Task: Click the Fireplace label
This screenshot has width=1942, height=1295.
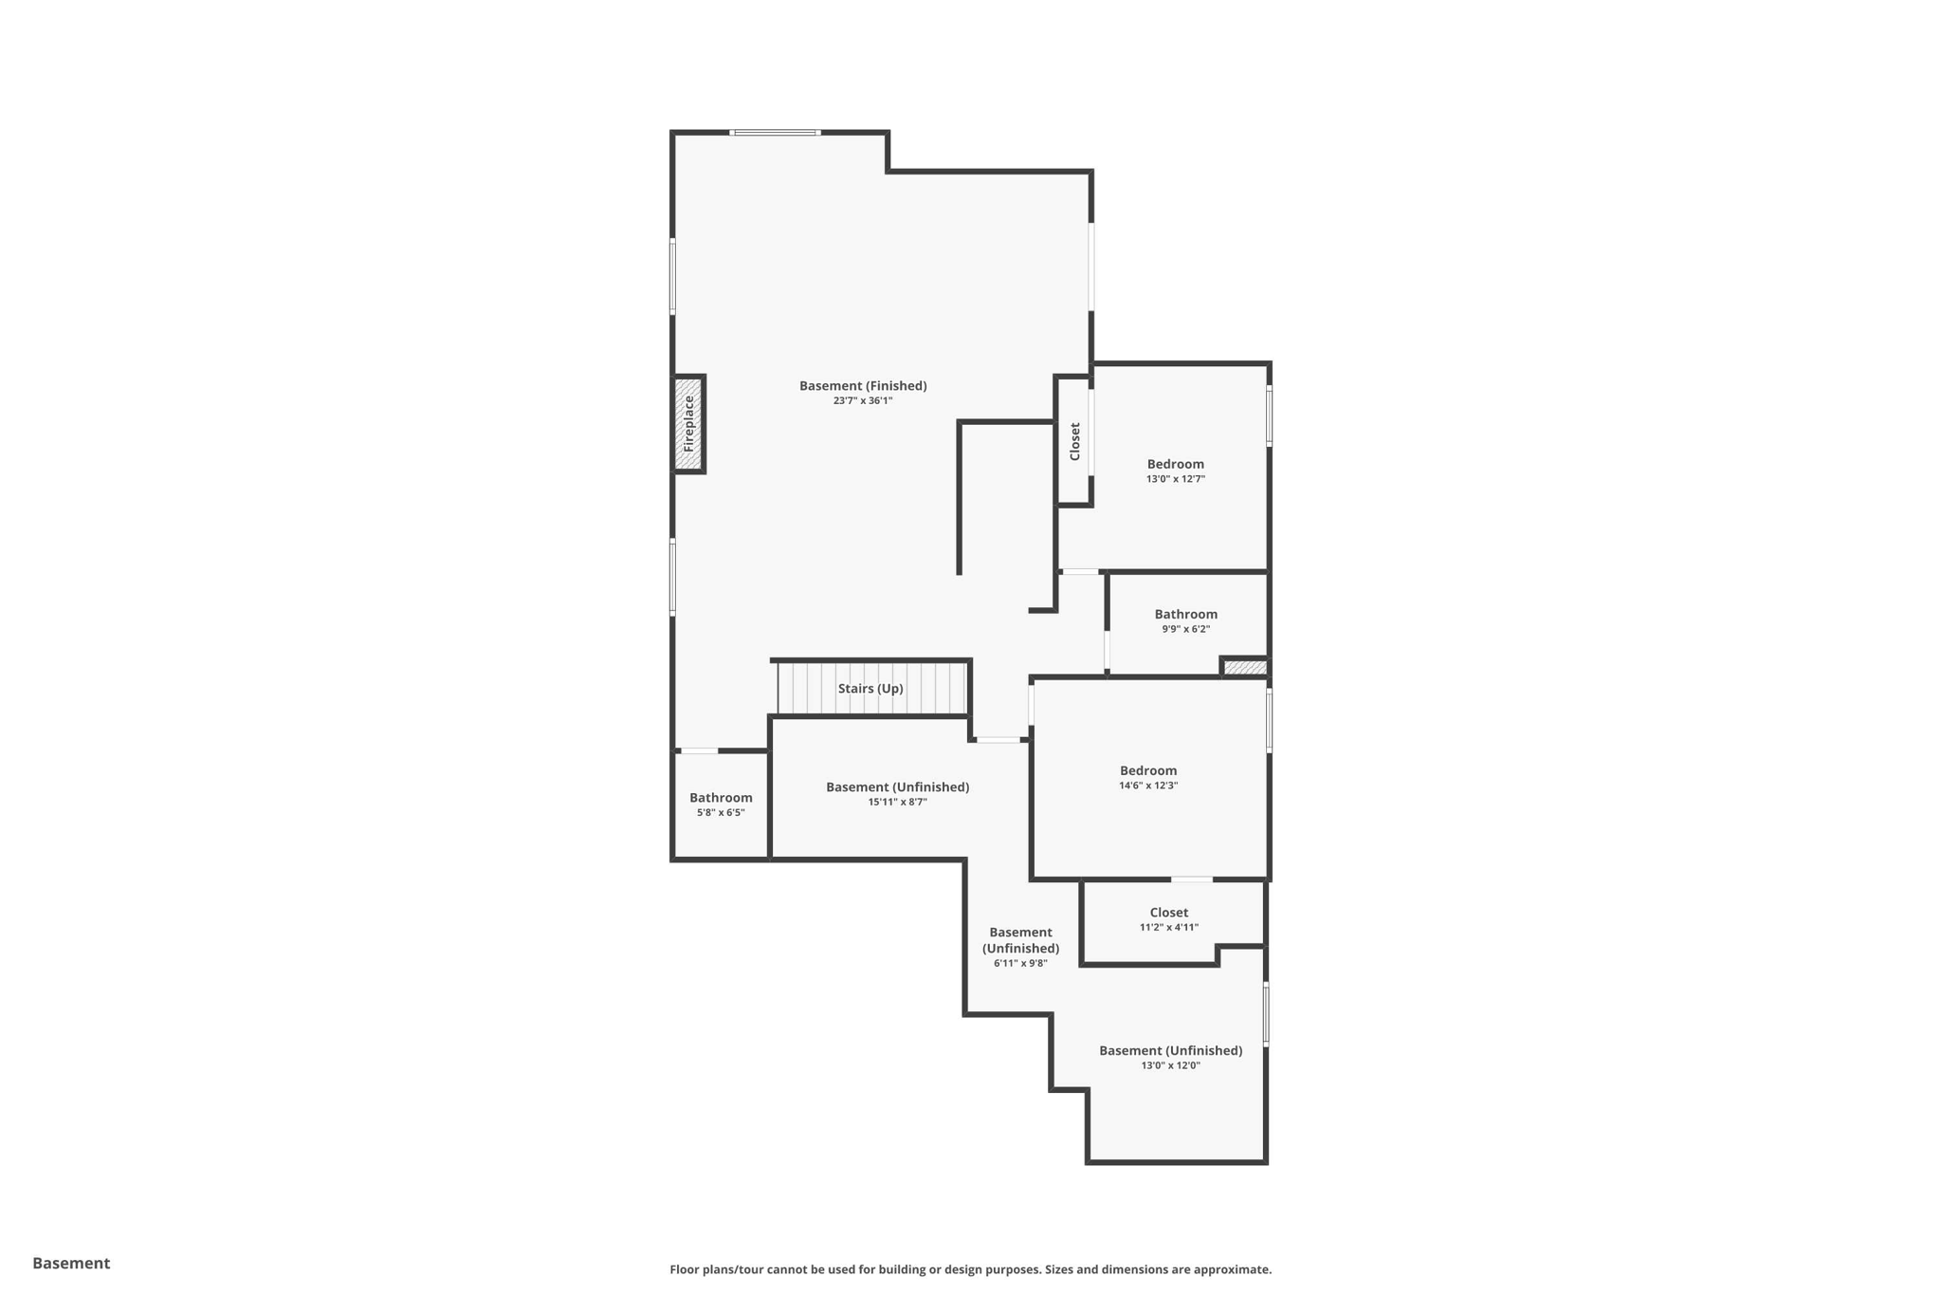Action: (x=689, y=424)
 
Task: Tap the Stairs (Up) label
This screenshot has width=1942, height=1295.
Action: (x=870, y=689)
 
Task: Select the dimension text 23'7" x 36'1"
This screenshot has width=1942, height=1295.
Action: (x=863, y=401)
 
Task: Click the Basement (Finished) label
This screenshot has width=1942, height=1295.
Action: (x=863, y=385)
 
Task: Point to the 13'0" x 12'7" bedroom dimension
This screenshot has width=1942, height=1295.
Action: (x=1175, y=479)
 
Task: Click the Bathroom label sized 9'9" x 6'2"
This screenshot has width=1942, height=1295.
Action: (x=1185, y=614)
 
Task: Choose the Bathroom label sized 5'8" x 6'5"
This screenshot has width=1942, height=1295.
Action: (x=721, y=798)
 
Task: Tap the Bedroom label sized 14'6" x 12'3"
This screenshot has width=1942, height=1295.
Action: (x=1147, y=770)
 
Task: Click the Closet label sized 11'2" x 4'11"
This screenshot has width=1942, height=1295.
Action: (x=1168, y=913)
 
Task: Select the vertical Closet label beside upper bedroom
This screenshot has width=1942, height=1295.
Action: (x=1075, y=441)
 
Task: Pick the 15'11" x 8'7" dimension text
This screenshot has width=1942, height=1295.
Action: (x=897, y=803)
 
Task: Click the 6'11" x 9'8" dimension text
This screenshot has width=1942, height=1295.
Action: (x=1020, y=964)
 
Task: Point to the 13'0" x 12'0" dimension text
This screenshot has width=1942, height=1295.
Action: (x=1170, y=1065)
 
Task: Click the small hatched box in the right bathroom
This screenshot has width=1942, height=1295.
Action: (x=1244, y=668)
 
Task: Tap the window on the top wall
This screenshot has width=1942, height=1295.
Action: (x=775, y=133)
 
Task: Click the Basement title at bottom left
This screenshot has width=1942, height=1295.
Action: (x=71, y=1263)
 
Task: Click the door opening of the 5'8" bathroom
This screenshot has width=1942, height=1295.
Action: (x=700, y=750)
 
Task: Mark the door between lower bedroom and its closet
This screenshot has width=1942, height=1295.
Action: (x=1191, y=879)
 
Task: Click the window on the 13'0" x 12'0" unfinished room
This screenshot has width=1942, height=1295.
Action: (x=1266, y=1014)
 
